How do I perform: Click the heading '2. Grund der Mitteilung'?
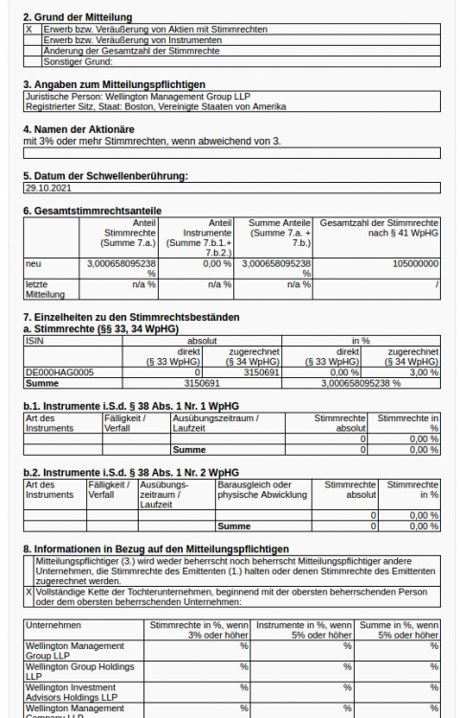click(x=77, y=17)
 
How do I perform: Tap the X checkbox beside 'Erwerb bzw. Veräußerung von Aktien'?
click(x=29, y=30)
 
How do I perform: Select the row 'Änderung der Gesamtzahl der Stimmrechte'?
click(x=132, y=51)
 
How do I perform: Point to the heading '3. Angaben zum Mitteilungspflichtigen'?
click(x=114, y=84)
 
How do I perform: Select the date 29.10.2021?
click(x=47, y=189)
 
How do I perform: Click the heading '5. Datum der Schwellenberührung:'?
click(x=105, y=175)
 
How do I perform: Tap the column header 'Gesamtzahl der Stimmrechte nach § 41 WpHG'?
click(x=379, y=227)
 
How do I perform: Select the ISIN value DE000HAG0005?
click(x=55, y=371)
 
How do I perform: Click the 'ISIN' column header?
click(x=34, y=340)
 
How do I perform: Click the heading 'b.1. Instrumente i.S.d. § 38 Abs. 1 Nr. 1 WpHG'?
click(x=131, y=406)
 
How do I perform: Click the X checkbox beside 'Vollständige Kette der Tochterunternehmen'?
click(x=29, y=593)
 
